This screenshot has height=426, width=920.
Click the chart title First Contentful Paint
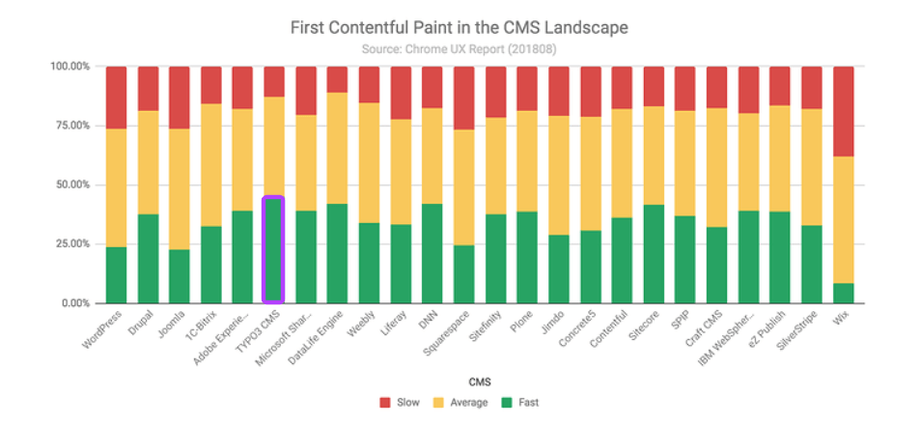pos(459,27)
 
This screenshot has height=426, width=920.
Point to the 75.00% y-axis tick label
pos(71,126)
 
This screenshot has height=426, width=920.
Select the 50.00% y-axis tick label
pos(71,185)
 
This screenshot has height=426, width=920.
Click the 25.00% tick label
pos(71,243)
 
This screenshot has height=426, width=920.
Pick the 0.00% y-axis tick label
pos(74,303)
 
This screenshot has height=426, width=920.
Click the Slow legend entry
pos(400,402)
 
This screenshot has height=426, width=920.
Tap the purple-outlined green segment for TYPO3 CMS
pos(273,250)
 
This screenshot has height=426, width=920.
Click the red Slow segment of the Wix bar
pos(843,111)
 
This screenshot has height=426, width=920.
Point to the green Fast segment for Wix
pos(843,293)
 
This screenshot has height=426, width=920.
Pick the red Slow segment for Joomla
pos(180,98)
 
